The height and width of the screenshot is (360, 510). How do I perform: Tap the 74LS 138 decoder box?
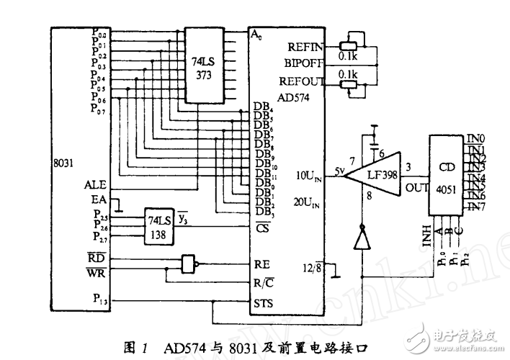159,227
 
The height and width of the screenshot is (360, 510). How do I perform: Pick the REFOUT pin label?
305,81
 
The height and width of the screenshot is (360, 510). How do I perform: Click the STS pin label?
264,305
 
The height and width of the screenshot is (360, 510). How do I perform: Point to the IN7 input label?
476,207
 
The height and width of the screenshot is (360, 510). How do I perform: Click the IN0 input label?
477,138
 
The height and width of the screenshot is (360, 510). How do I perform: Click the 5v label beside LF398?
340,171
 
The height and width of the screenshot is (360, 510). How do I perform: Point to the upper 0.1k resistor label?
349,54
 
